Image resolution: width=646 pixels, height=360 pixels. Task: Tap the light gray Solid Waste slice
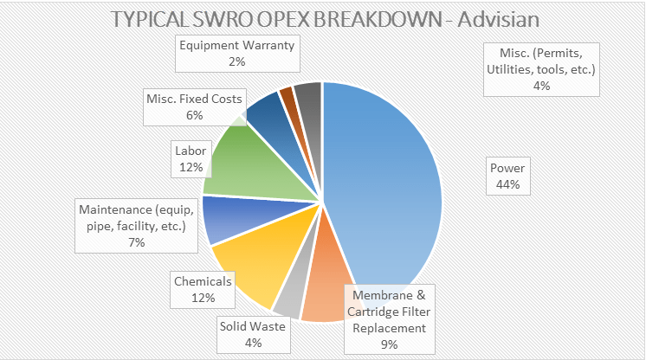[x=287, y=299]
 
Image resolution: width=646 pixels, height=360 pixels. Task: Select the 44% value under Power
[x=508, y=184]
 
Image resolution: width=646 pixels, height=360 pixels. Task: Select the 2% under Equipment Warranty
[x=237, y=62]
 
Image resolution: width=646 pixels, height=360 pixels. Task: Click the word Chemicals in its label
[x=203, y=281]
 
